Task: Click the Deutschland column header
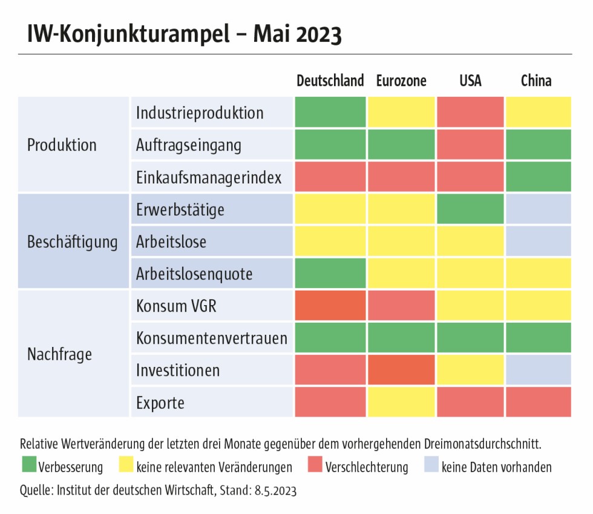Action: click(330, 81)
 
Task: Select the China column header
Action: click(536, 81)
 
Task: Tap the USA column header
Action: click(470, 81)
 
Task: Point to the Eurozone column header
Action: click(401, 81)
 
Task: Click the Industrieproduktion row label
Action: click(200, 113)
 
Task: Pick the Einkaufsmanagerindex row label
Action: click(209, 177)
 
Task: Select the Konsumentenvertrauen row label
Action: click(211, 338)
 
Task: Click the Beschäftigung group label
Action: click(73, 242)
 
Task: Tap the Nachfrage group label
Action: click(59, 354)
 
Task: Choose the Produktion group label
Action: click(62, 145)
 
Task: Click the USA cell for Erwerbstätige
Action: click(470, 209)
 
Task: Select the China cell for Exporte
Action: click(538, 402)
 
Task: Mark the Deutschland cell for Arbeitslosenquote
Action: click(330, 274)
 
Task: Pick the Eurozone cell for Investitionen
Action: click(401, 370)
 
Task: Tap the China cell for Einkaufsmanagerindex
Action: click(538, 177)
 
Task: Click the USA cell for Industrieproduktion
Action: click(470, 113)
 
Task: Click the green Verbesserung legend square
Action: click(28, 467)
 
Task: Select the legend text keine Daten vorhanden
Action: click(496, 467)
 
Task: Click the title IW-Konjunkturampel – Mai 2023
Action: click(185, 35)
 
